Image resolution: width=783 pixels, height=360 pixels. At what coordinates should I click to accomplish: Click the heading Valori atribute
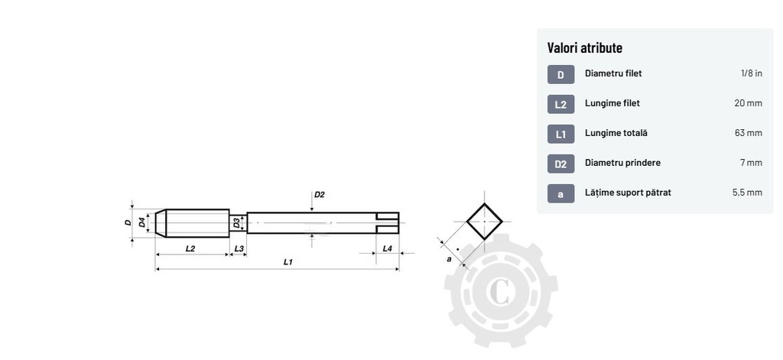(584, 47)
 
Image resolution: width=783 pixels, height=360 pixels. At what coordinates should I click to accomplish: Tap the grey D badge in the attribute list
(560, 74)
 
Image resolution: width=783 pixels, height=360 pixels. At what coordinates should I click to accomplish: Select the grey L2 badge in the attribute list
(560, 104)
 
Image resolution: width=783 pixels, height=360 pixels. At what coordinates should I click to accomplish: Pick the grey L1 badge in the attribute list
(560, 134)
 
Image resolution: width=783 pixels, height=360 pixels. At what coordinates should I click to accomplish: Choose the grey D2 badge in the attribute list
(560, 164)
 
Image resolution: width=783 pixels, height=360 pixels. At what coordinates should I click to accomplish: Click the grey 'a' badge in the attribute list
(560, 193)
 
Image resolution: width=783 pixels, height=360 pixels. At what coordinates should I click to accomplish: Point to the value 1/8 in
(751, 74)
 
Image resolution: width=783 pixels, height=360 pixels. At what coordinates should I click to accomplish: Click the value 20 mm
(748, 103)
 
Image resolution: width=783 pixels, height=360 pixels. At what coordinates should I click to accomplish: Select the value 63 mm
(748, 133)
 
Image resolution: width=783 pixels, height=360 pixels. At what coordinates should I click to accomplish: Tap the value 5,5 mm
(746, 193)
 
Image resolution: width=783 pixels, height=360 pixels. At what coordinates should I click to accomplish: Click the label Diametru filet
(613, 74)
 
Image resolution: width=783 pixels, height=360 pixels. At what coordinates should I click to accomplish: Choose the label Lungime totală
(616, 133)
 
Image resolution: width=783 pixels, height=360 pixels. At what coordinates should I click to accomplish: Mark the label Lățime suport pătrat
(628, 193)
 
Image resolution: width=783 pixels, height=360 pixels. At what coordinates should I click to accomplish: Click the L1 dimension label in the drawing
(288, 262)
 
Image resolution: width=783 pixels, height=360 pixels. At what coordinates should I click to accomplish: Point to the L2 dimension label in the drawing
(190, 248)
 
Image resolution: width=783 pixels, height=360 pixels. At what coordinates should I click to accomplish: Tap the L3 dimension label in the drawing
(239, 248)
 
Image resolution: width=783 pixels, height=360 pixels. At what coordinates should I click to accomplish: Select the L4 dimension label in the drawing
(387, 248)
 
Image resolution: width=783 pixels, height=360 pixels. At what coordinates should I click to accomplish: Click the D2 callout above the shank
(320, 195)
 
